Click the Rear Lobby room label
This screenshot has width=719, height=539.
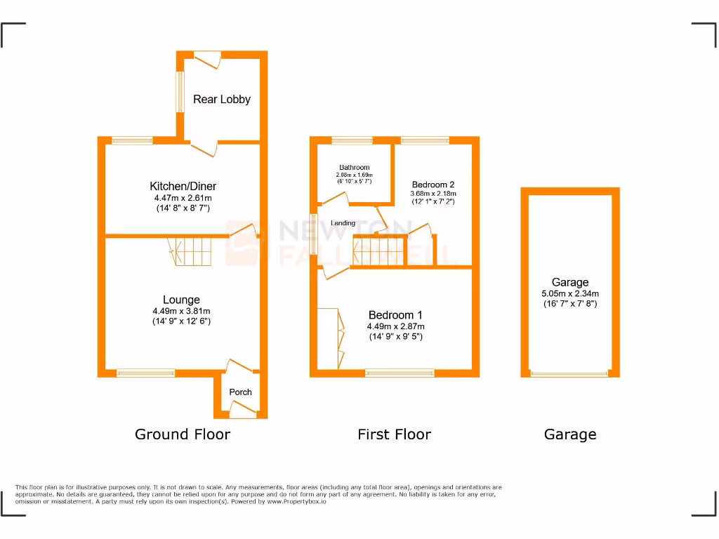pyautogui.click(x=222, y=100)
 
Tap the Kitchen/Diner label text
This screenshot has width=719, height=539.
pyautogui.click(x=183, y=187)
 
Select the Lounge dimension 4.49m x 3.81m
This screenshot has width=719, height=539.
pyautogui.click(x=181, y=312)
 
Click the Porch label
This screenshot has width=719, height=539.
pyautogui.click(x=241, y=392)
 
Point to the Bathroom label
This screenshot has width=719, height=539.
pyautogui.click(x=354, y=168)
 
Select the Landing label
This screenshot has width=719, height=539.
pyautogui.click(x=343, y=223)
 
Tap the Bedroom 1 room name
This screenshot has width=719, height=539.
pyautogui.click(x=395, y=315)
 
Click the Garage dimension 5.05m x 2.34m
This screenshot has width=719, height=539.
pyautogui.click(x=570, y=294)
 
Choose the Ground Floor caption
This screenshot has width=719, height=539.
pyautogui.click(x=183, y=434)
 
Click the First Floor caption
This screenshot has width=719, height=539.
pyautogui.click(x=394, y=434)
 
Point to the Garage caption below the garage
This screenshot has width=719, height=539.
pyautogui.click(x=570, y=434)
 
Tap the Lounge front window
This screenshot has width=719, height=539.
pyautogui.click(x=146, y=373)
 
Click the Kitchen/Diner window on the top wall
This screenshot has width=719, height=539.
pyautogui.click(x=132, y=140)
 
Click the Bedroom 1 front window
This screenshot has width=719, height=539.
pyautogui.click(x=400, y=373)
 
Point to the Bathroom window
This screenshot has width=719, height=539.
pyautogui.click(x=352, y=140)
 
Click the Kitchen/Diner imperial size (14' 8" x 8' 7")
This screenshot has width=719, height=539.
pyautogui.click(x=183, y=208)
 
